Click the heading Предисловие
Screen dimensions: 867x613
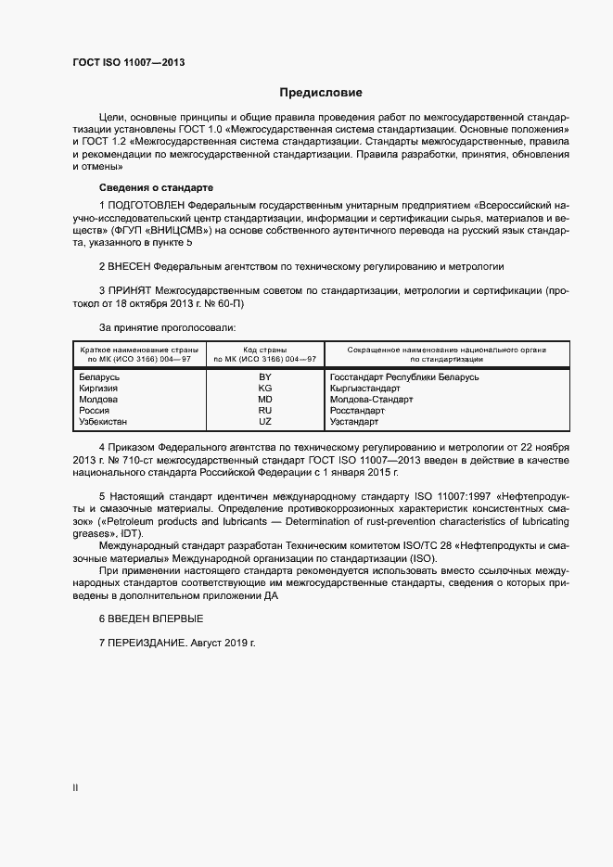coord(322,93)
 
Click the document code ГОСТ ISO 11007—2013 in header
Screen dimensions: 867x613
coord(128,62)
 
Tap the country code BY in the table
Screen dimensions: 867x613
coord(264,377)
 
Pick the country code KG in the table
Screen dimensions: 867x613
coord(264,389)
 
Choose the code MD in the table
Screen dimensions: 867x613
coord(264,400)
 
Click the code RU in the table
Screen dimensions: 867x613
coord(264,411)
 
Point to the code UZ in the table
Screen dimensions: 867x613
coord(264,422)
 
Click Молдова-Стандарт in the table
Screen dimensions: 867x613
coord(372,400)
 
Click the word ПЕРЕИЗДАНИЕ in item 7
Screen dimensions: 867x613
coord(147,643)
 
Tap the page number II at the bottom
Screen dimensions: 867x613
coord(75,786)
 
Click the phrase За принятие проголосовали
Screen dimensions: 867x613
coord(167,327)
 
